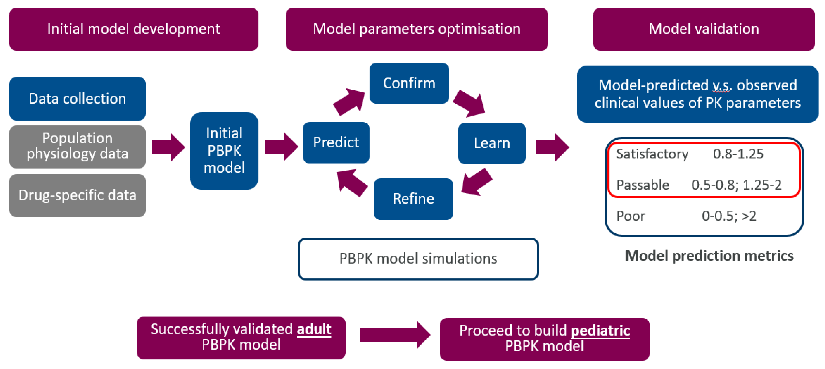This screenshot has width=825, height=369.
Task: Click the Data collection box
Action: (x=78, y=98)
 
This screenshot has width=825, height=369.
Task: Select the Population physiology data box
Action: (x=78, y=146)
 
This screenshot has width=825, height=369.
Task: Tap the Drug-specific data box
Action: (x=78, y=195)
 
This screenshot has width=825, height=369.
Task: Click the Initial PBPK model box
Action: (x=224, y=150)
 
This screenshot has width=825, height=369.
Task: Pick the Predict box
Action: (x=336, y=142)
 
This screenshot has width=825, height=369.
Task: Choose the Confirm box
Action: (x=409, y=83)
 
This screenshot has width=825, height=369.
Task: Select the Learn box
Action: (x=492, y=143)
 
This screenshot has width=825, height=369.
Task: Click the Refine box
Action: (x=413, y=199)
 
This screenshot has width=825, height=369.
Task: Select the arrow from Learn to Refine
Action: (x=476, y=182)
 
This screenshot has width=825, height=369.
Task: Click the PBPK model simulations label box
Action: (x=418, y=259)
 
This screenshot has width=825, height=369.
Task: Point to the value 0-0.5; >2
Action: (x=729, y=216)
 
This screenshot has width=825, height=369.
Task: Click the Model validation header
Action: (x=704, y=29)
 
